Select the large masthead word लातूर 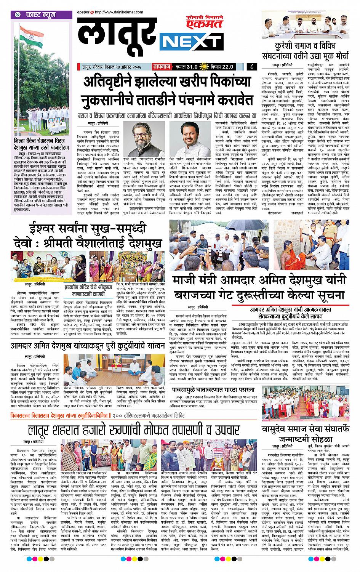pos(115,38)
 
